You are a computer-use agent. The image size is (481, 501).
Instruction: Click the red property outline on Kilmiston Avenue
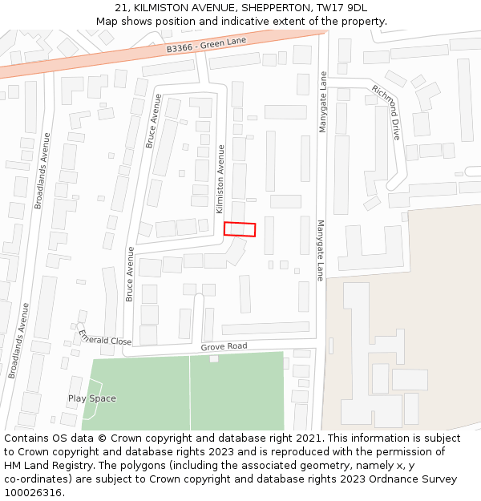pyautogui.click(x=240, y=229)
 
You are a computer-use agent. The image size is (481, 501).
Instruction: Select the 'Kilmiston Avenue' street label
pyautogui.click(x=220, y=179)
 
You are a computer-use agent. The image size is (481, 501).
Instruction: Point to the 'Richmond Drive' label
pyautogui.click(x=386, y=112)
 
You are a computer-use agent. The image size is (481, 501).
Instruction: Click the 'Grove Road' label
pyautogui.click(x=224, y=347)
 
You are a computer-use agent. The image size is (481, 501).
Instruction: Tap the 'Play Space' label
pyautogui.click(x=91, y=398)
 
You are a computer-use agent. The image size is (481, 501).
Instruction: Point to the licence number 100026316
pyautogui.click(x=34, y=493)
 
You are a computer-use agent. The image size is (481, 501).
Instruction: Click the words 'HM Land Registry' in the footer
pyautogui.click(x=42, y=466)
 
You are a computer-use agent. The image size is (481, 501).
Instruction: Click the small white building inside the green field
pyautogui.click(x=214, y=358)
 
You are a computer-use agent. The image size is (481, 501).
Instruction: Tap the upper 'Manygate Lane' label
pyautogui.click(x=323, y=103)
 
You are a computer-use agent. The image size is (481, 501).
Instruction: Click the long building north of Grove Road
pyautogui.click(x=265, y=328)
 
